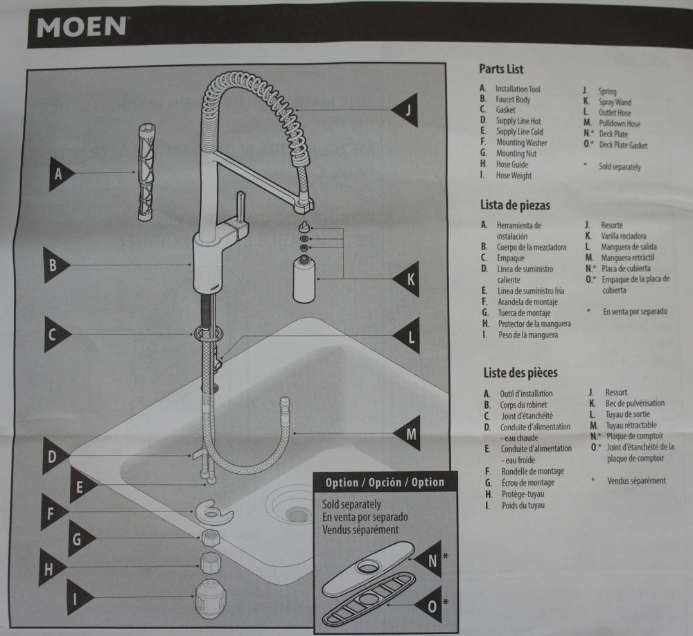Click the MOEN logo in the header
click(80, 27)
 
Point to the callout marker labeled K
click(409, 279)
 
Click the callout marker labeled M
click(409, 434)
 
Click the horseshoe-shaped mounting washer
click(214, 511)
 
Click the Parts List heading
click(501, 69)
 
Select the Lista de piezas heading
click(515, 205)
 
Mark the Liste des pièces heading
click(520, 373)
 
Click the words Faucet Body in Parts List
click(513, 100)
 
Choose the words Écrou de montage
click(529, 482)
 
